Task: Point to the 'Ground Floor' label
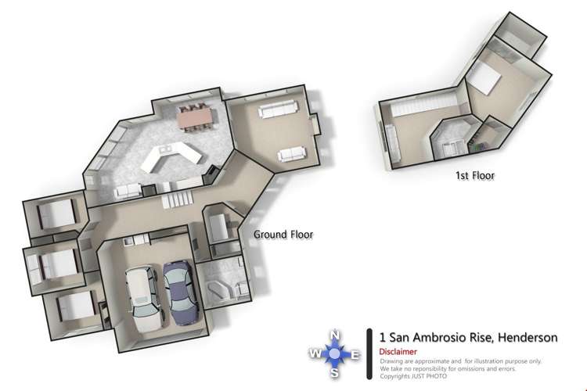coord(283,233)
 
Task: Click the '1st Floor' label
coord(475,175)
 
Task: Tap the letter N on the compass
coord(335,335)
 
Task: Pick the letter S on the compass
coord(335,373)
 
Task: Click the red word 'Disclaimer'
coord(398,352)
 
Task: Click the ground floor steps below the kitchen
coord(175,200)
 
